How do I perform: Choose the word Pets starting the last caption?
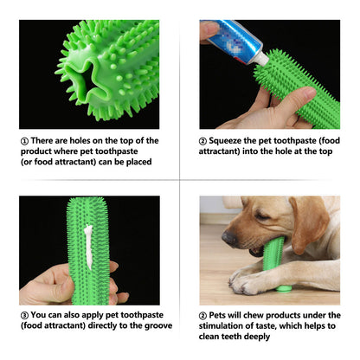tap(221, 315)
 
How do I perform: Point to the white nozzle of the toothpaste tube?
tap(259, 59)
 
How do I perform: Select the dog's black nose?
tap(228, 235)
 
